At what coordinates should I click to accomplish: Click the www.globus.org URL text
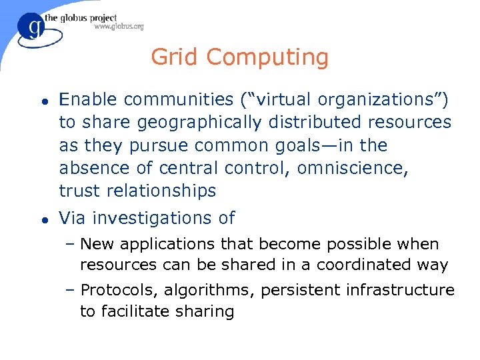(x=119, y=27)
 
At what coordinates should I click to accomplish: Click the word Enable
(x=88, y=100)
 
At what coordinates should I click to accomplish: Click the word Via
(x=73, y=218)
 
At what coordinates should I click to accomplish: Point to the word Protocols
(x=117, y=291)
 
